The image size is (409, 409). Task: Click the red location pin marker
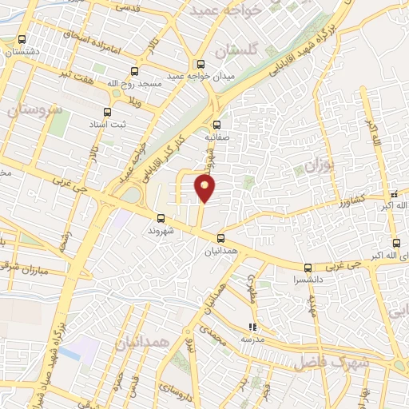click(206, 189)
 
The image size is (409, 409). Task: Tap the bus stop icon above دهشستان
click(22, 38)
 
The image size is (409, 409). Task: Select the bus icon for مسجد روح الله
click(133, 72)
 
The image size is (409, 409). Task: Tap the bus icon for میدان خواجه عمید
click(200, 65)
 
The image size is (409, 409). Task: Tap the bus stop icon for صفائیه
click(216, 125)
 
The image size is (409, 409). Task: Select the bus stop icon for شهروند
click(161, 217)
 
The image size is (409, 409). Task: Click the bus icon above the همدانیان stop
click(220, 237)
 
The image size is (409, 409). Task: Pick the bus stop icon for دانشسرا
click(308, 268)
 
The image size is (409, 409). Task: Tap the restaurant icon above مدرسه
click(252, 326)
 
